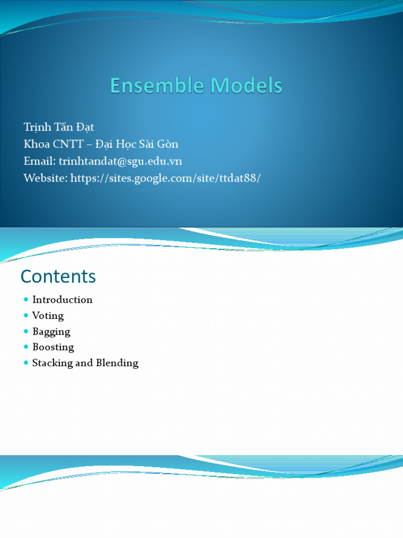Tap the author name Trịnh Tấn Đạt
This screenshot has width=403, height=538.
(59, 127)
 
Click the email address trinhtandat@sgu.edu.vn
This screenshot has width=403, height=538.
(121, 161)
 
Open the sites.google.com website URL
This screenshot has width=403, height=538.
(165, 178)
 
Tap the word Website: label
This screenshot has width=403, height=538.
(46, 178)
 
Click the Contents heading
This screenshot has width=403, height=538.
(58, 276)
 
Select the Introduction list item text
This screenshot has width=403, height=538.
(62, 299)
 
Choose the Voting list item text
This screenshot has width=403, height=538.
(48, 316)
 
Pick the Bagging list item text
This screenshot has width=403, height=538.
(51, 332)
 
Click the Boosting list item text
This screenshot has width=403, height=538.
(53, 347)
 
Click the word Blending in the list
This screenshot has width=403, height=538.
(117, 363)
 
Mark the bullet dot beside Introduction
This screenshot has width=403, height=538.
(26, 299)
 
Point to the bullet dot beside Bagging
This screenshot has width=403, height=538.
(26, 331)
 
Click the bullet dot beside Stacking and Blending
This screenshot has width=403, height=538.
(26, 363)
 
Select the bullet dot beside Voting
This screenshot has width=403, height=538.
(26, 315)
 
